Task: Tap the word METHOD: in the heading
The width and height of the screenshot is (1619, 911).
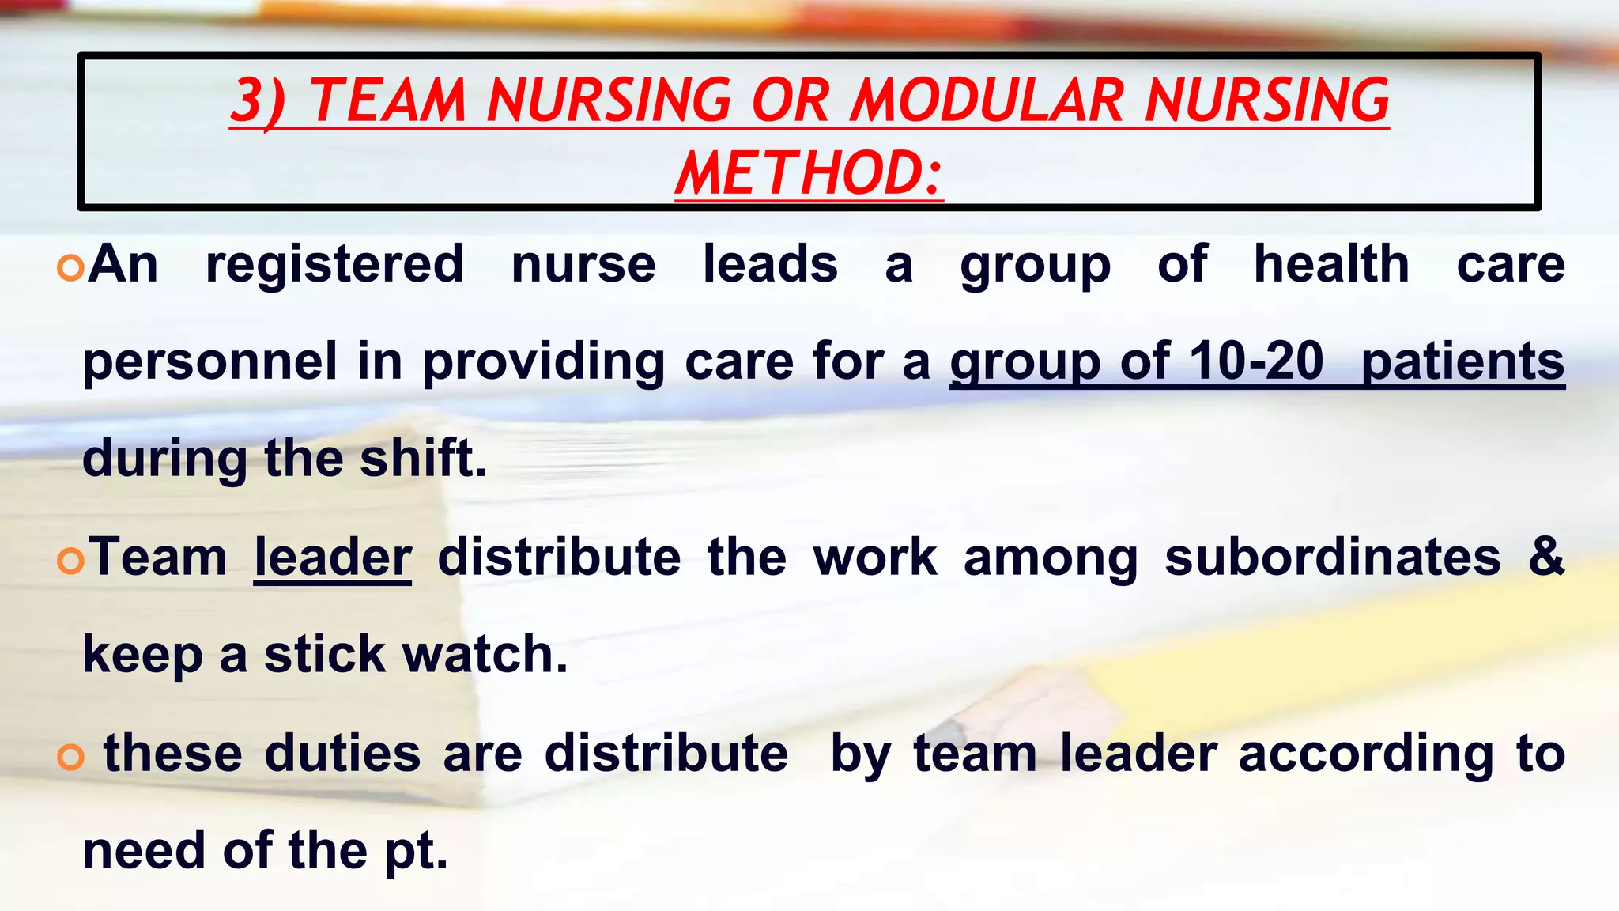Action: (x=809, y=174)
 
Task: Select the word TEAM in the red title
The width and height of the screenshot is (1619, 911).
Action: (x=387, y=100)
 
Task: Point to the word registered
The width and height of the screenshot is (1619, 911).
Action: (x=334, y=265)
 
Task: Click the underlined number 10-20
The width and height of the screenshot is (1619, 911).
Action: (x=1256, y=361)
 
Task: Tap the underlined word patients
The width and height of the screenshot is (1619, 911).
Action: (x=1462, y=361)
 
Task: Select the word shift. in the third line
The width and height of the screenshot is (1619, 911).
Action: (x=423, y=459)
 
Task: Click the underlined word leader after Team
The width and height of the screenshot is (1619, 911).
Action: (x=333, y=558)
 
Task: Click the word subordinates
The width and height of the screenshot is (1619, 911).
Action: (x=1332, y=558)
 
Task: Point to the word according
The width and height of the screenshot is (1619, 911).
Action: (x=1365, y=754)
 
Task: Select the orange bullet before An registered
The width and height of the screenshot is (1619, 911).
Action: (x=70, y=269)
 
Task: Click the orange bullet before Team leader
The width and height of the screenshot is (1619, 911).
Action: (x=70, y=561)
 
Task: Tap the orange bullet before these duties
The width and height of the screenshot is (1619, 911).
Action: (x=70, y=758)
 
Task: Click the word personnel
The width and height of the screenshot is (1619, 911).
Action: (x=210, y=361)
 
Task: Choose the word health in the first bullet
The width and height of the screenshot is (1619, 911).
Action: (x=1331, y=265)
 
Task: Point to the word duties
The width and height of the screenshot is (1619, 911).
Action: (x=342, y=754)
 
